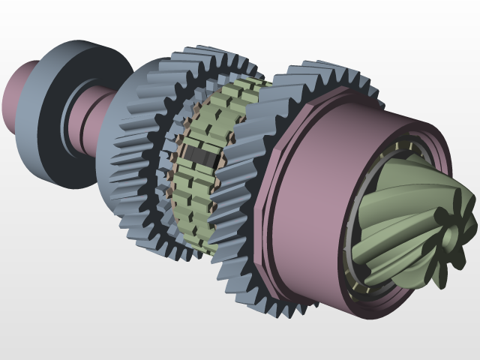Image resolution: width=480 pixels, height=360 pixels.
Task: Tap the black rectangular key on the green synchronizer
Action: tap(202, 156)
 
